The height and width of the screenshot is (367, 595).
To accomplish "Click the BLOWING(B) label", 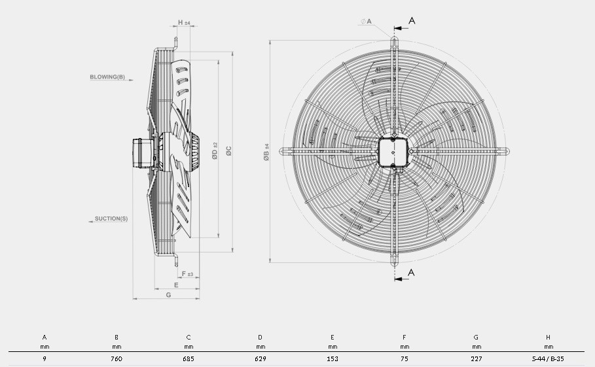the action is [107, 77].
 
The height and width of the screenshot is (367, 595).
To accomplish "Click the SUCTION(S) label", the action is [111, 218].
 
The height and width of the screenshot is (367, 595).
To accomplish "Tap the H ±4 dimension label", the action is [184, 23].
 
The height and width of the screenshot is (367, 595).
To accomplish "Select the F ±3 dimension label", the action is [187, 273].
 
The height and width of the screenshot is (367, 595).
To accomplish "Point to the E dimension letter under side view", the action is [176, 285].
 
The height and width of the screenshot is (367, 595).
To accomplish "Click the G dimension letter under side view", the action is [168, 295].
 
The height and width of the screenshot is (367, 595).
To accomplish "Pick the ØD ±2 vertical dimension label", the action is [215, 151].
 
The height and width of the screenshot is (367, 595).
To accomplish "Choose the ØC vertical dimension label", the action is [228, 151].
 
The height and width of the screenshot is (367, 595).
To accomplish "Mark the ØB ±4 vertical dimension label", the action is [266, 152].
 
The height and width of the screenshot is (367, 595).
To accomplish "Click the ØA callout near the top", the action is [366, 22].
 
